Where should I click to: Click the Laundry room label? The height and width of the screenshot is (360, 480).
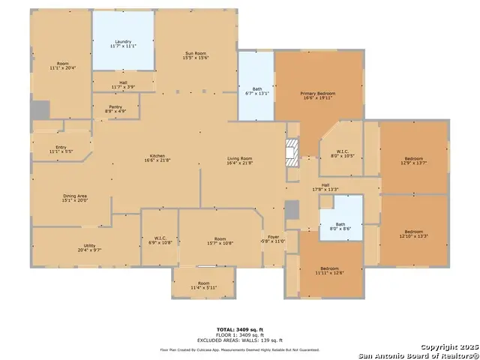pyautogui.click(x=124, y=43)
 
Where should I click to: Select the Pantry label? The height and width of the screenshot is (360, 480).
pyautogui.click(x=115, y=109)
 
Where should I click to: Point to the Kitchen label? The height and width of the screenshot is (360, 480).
pyautogui.click(x=157, y=158)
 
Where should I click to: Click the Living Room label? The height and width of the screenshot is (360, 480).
pyautogui.click(x=241, y=160)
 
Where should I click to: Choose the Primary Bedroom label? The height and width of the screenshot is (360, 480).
pyautogui.click(x=318, y=94)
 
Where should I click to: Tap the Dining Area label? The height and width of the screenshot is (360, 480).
pyautogui.click(x=75, y=198)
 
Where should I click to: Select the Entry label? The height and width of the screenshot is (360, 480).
pyautogui.click(x=61, y=149)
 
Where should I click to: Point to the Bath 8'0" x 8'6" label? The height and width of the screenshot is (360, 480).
pyautogui.click(x=340, y=226)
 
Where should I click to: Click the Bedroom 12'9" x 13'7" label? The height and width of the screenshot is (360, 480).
pyautogui.click(x=414, y=160)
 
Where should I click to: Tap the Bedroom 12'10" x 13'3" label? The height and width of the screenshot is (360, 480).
pyautogui.click(x=414, y=233)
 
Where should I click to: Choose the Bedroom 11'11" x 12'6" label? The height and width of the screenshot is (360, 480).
pyautogui.click(x=330, y=270)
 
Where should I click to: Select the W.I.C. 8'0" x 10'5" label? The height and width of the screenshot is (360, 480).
pyautogui.click(x=342, y=153)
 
